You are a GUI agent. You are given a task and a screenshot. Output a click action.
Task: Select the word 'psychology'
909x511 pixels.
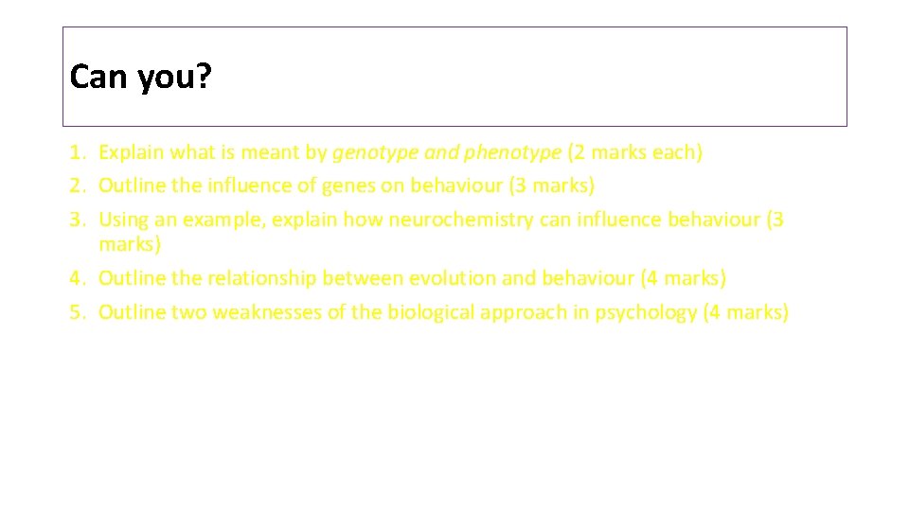[646, 312]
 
